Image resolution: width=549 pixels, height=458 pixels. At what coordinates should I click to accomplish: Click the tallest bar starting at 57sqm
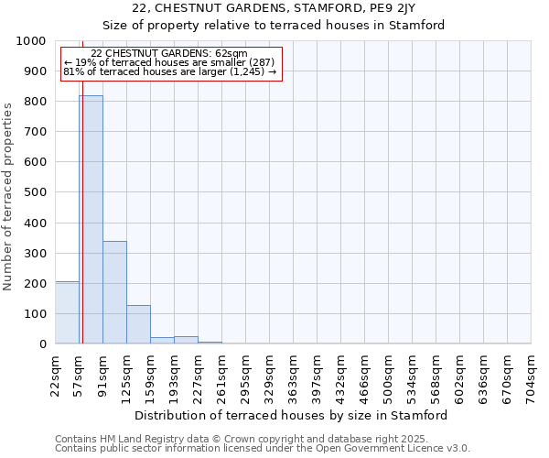[91, 220]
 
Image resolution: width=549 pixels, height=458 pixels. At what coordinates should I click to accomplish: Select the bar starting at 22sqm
[67, 312]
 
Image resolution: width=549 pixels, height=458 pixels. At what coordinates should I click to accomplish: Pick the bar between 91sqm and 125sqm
[114, 292]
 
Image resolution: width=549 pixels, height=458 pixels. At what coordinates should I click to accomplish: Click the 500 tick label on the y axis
[35, 192]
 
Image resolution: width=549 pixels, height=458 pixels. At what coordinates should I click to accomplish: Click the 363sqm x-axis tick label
[293, 376]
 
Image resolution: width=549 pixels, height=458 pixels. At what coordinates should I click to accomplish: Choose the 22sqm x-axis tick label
[55, 376]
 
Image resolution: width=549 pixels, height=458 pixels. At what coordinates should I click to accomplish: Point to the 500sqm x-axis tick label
[388, 376]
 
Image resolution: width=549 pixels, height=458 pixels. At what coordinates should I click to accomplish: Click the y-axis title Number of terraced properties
[9, 196]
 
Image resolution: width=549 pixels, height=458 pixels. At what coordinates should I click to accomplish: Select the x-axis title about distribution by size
[292, 415]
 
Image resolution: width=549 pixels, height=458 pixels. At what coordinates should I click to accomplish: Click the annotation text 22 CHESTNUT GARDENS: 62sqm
[169, 54]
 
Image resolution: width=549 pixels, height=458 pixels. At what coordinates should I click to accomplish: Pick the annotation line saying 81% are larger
[169, 71]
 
